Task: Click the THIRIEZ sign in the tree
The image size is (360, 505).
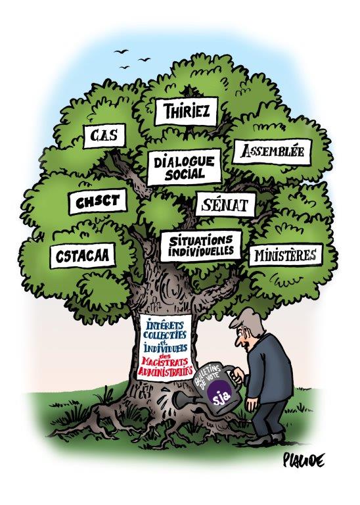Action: click(187, 111)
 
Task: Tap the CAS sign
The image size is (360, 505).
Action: click(104, 136)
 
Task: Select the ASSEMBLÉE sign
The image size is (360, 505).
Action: click(273, 151)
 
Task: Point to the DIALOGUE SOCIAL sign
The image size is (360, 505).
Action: click(185, 168)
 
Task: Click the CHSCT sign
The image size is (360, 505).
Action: click(98, 202)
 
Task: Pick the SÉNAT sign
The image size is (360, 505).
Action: click(225, 204)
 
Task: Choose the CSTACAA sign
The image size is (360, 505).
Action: click(83, 255)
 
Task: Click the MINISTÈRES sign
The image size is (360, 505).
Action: click(285, 254)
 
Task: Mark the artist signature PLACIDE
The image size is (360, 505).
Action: click(304, 460)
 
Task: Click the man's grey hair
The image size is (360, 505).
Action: click(248, 319)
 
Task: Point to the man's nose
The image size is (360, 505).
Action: click(235, 341)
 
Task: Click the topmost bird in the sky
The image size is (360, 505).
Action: click(121, 51)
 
